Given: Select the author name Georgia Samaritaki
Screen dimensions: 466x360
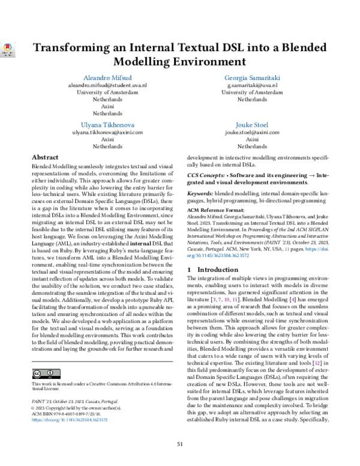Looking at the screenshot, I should [x=252, y=78].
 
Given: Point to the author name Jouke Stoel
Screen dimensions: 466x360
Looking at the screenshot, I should [x=252, y=124].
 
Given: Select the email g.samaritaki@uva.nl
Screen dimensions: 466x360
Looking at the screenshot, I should [x=252, y=86].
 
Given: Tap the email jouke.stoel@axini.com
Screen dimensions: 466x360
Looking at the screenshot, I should [x=252, y=132].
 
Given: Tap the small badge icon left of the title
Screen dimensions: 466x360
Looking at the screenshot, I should [x=8, y=50].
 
